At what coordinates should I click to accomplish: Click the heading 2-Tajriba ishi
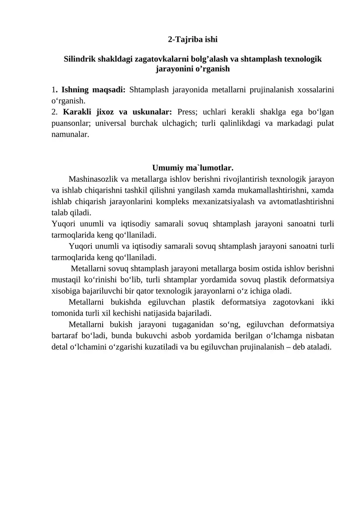193,40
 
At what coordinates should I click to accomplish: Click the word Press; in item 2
188,112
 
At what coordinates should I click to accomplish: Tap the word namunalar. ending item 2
70,134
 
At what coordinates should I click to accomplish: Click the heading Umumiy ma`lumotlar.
193,168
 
